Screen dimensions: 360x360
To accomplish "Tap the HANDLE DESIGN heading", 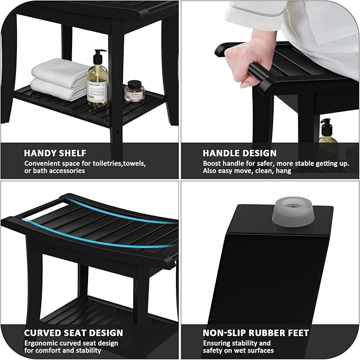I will point(240,153).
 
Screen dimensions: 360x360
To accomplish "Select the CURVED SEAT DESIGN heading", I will point(73,333).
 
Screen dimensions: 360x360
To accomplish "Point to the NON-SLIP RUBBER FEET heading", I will point(256,333).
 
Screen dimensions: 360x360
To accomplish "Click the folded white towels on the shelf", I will point(59,80).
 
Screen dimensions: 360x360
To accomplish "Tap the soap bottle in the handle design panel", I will point(327,141).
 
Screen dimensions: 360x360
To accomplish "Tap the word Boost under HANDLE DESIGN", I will point(213,163).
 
